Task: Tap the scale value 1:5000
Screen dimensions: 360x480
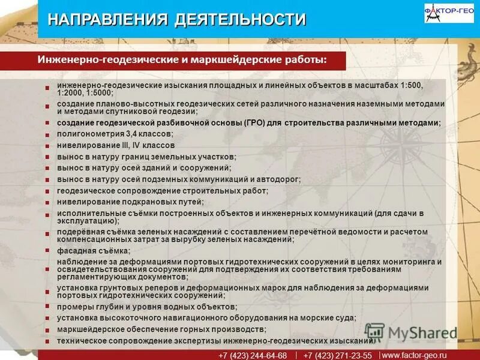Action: (x=100, y=94)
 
